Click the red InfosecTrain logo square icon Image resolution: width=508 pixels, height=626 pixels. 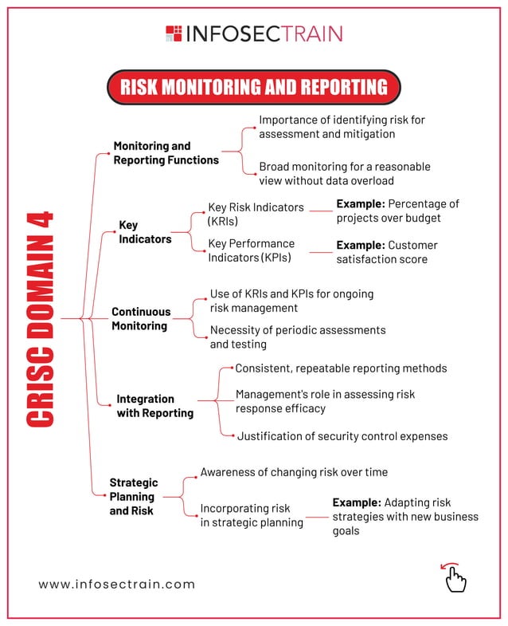(174, 33)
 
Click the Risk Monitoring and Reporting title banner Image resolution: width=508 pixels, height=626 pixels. (253, 87)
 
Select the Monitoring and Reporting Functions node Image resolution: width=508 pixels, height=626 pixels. (166, 153)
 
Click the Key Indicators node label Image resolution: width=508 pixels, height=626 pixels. (145, 232)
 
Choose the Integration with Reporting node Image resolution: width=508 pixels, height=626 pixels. (154, 406)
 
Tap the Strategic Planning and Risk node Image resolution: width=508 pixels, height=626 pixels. (134, 496)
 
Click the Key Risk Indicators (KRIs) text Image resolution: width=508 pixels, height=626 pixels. (255, 214)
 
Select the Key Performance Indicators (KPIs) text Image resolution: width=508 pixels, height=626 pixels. (251, 250)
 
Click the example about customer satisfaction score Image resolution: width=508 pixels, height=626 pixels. (387, 252)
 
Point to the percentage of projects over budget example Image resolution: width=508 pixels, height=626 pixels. (397, 211)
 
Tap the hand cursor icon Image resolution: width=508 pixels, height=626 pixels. (455, 577)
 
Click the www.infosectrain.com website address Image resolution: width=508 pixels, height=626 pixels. (117, 584)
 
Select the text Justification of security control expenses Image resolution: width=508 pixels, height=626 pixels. (342, 436)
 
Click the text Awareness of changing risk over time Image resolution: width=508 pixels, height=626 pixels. (294, 472)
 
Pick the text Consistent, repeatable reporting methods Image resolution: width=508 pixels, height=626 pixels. (341, 368)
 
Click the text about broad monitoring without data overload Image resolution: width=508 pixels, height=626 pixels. (344, 174)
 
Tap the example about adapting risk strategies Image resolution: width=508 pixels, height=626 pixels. (405, 516)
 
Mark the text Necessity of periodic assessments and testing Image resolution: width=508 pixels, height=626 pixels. (297, 337)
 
